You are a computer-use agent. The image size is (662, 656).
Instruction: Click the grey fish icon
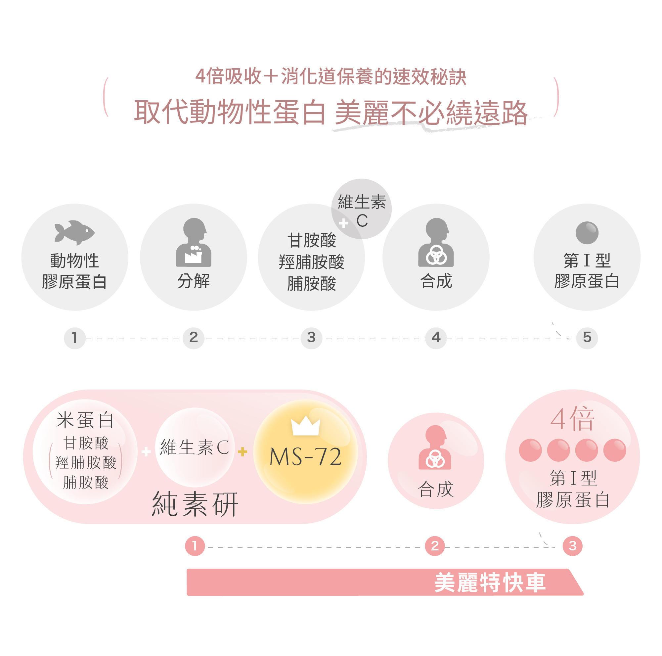pyautogui.click(x=74, y=232)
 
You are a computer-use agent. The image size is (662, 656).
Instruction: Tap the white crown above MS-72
pyautogui.click(x=305, y=426)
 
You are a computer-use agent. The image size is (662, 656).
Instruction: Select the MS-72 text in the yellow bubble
pyautogui.click(x=305, y=457)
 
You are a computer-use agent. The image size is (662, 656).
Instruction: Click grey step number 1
pyautogui.click(x=74, y=338)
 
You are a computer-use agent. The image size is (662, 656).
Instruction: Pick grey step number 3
pyautogui.click(x=311, y=338)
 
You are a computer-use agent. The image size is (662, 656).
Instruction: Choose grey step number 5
pyautogui.click(x=587, y=338)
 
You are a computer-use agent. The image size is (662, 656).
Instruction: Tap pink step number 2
pyautogui.click(x=435, y=546)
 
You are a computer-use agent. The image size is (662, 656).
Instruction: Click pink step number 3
pyautogui.click(x=573, y=546)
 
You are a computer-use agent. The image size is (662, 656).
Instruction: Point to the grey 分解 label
pyautogui.click(x=194, y=281)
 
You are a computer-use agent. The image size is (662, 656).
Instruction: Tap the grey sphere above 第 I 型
pyautogui.click(x=587, y=233)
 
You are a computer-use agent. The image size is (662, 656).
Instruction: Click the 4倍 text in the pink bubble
pyautogui.click(x=572, y=419)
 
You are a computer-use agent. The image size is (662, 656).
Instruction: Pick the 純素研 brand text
pyautogui.click(x=195, y=504)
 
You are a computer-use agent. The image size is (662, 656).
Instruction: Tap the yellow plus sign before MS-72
pyautogui.click(x=243, y=452)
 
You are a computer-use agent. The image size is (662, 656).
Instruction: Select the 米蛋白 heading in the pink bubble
pyautogui.click(x=85, y=420)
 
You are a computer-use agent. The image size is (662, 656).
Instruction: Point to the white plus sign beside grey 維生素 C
pyautogui.click(x=343, y=223)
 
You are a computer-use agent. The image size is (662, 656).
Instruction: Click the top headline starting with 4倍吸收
pyautogui.click(x=331, y=76)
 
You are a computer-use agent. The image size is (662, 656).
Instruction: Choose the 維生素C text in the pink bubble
pyautogui.click(x=195, y=447)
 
